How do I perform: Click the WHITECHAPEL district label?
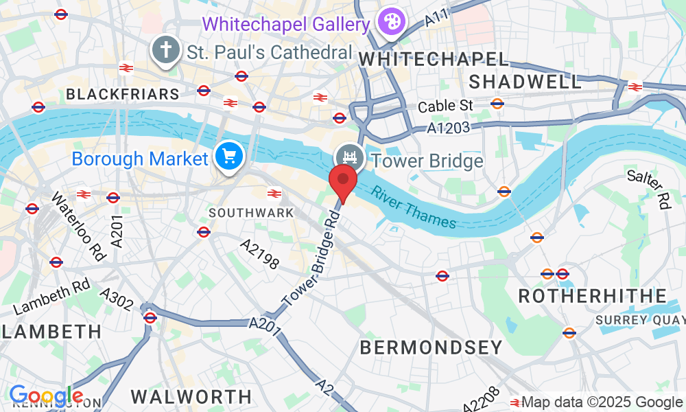(x=434, y=60)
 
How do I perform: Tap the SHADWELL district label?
(x=525, y=82)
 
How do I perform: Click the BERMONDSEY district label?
(x=431, y=347)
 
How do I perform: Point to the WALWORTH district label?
(x=191, y=396)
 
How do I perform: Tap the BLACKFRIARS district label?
(x=122, y=93)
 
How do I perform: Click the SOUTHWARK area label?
(x=251, y=213)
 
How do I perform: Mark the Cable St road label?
(x=446, y=106)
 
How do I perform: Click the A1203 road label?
(x=448, y=128)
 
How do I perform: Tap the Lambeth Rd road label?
(x=51, y=297)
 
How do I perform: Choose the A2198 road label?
(x=259, y=253)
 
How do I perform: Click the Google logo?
(x=46, y=396)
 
